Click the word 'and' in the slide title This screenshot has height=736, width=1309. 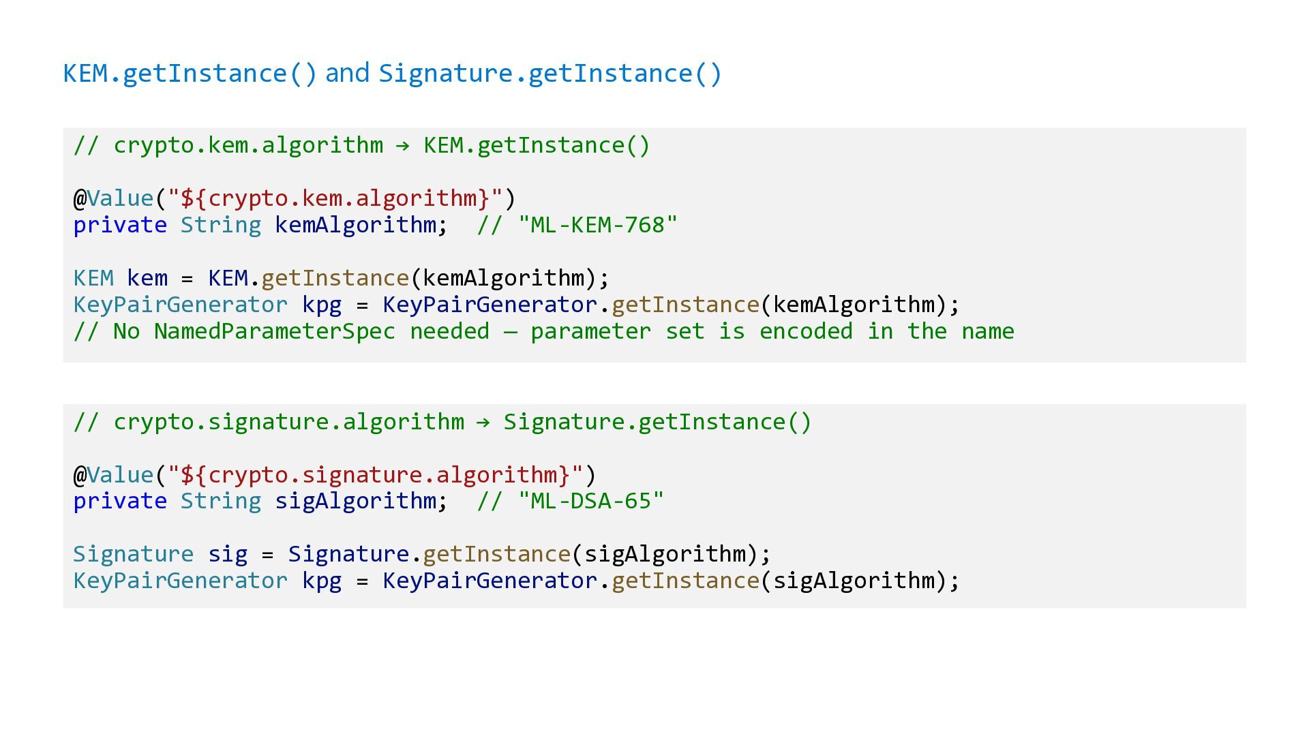point(347,73)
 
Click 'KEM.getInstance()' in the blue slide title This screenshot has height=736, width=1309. point(190,74)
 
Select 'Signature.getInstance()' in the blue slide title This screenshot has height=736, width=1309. point(550,74)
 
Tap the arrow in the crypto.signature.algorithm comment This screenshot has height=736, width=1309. point(483,423)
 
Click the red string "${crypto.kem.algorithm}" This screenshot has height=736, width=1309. point(335,198)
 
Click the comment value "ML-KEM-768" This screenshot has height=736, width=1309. point(597,225)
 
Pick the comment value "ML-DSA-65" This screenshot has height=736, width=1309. point(590,502)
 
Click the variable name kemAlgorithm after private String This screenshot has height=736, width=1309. point(355,225)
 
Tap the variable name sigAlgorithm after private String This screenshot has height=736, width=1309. point(355,502)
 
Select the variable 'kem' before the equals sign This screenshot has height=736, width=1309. point(147,278)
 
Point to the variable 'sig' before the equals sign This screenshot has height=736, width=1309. point(228,554)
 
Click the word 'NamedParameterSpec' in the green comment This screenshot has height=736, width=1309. point(274,332)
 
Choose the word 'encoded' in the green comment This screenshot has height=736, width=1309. point(806,332)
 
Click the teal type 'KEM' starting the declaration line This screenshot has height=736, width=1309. point(93,278)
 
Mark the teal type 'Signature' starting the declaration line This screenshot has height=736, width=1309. point(133,554)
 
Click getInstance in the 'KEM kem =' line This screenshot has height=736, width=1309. point(335,278)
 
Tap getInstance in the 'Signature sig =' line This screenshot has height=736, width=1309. point(496,554)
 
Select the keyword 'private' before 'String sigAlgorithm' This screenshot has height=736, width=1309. point(120,502)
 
